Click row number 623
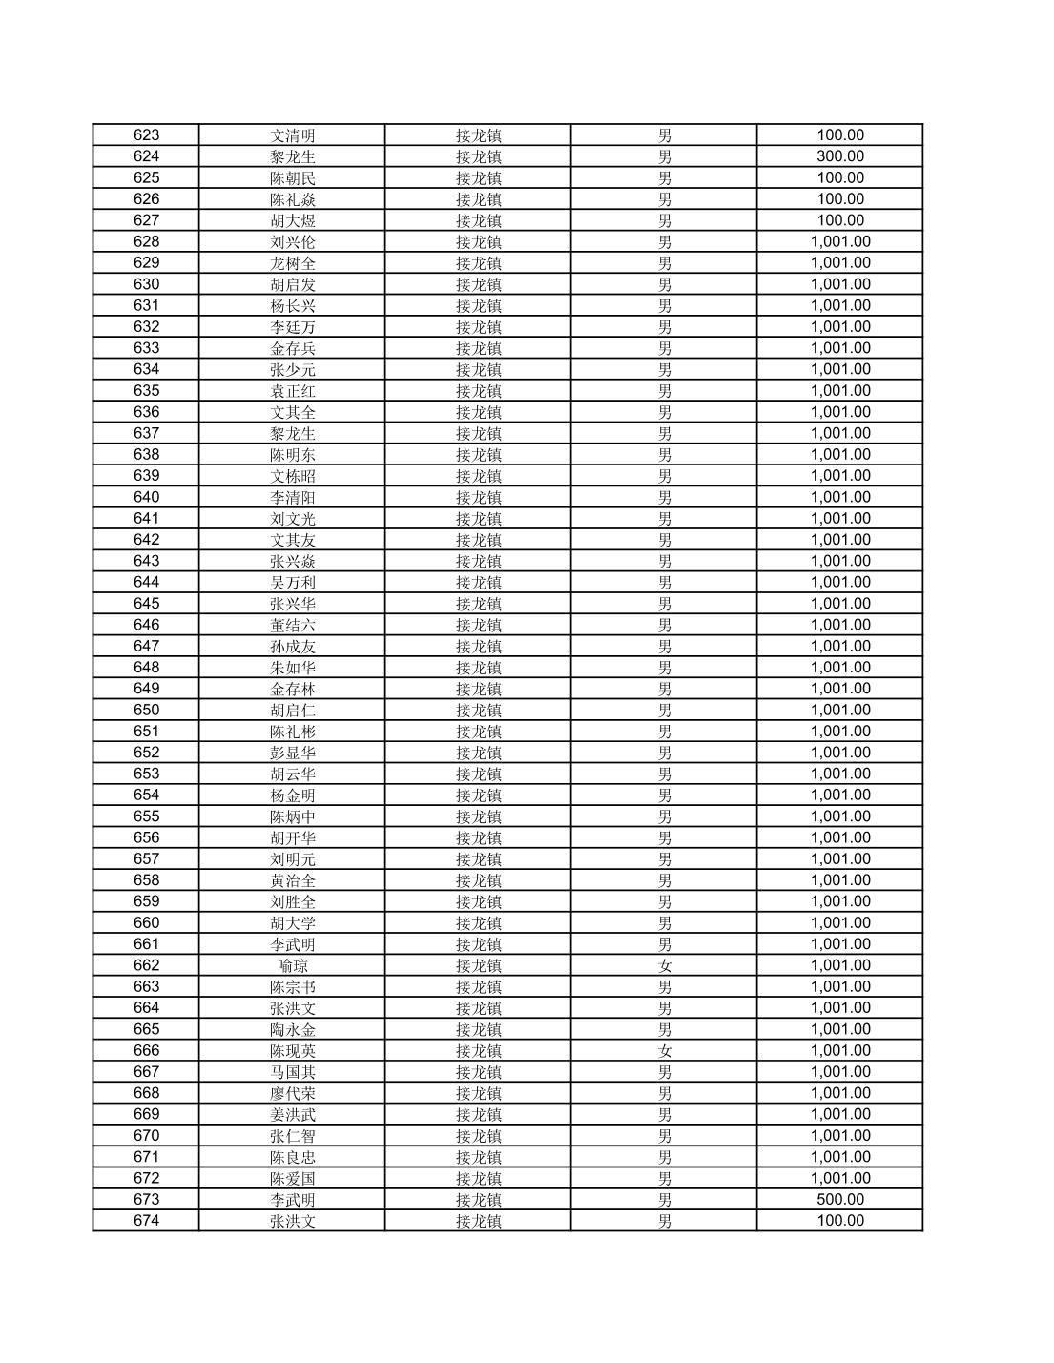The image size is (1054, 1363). point(146,135)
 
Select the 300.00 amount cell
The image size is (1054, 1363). point(840,156)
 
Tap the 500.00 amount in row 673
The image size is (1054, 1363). point(840,1200)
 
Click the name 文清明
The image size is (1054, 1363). point(292,135)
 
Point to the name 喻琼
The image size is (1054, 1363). point(292,965)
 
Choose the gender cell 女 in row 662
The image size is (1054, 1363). point(664,965)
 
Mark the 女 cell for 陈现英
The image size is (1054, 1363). point(664,1051)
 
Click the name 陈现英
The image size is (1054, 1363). point(292,1051)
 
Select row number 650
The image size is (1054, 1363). point(146,710)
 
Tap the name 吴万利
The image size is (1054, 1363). point(292,582)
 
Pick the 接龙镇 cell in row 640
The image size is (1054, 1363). point(478,497)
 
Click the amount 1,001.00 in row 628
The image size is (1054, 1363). point(840,241)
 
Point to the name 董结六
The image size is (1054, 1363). point(292,625)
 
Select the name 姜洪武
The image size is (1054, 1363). point(292,1114)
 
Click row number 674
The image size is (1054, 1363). point(146,1221)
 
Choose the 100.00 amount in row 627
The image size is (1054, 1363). point(840,220)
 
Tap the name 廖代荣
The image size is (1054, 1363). point(292,1093)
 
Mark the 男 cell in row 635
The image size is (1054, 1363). point(664,390)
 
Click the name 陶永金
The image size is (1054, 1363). point(292,1029)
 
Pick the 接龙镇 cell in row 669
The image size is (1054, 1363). point(478,1114)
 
